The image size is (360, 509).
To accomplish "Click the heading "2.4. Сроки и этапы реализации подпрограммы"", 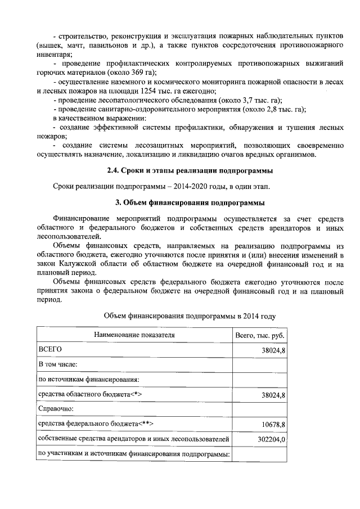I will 190,170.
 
